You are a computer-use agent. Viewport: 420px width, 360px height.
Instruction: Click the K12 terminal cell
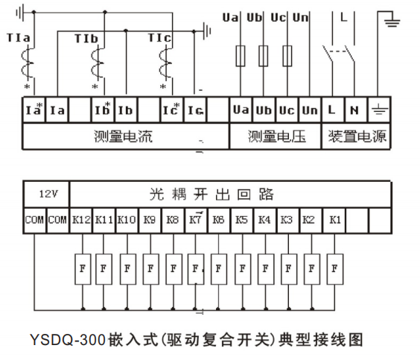(81, 220)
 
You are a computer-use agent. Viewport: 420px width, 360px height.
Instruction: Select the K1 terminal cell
(334, 220)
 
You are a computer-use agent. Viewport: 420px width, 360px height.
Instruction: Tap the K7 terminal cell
(197, 220)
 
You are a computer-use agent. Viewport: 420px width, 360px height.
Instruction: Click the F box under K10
(128, 269)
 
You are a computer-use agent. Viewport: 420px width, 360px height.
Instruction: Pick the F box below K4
(266, 269)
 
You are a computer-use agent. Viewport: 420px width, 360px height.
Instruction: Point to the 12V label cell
(47, 194)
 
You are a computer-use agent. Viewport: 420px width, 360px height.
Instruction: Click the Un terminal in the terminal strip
(310, 110)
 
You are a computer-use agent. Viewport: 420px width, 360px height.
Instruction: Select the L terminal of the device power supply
(333, 110)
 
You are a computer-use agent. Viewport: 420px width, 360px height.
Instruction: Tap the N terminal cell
(356, 110)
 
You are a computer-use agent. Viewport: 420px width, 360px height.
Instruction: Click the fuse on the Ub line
(264, 56)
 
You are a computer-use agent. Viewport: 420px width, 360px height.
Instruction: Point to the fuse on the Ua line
(241, 56)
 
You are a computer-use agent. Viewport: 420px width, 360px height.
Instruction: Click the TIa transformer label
(18, 38)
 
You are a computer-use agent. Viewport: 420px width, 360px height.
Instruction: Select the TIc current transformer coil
(164, 63)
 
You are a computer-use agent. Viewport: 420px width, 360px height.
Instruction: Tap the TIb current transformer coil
(96, 63)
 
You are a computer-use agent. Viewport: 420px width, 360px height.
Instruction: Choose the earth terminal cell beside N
(379, 110)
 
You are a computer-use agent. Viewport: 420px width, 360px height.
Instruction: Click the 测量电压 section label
(277, 136)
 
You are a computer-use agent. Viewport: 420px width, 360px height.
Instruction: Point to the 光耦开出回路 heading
(211, 194)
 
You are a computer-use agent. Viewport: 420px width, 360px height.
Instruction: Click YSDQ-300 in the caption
(68, 340)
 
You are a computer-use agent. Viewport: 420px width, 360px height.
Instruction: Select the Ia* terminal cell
(34, 110)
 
